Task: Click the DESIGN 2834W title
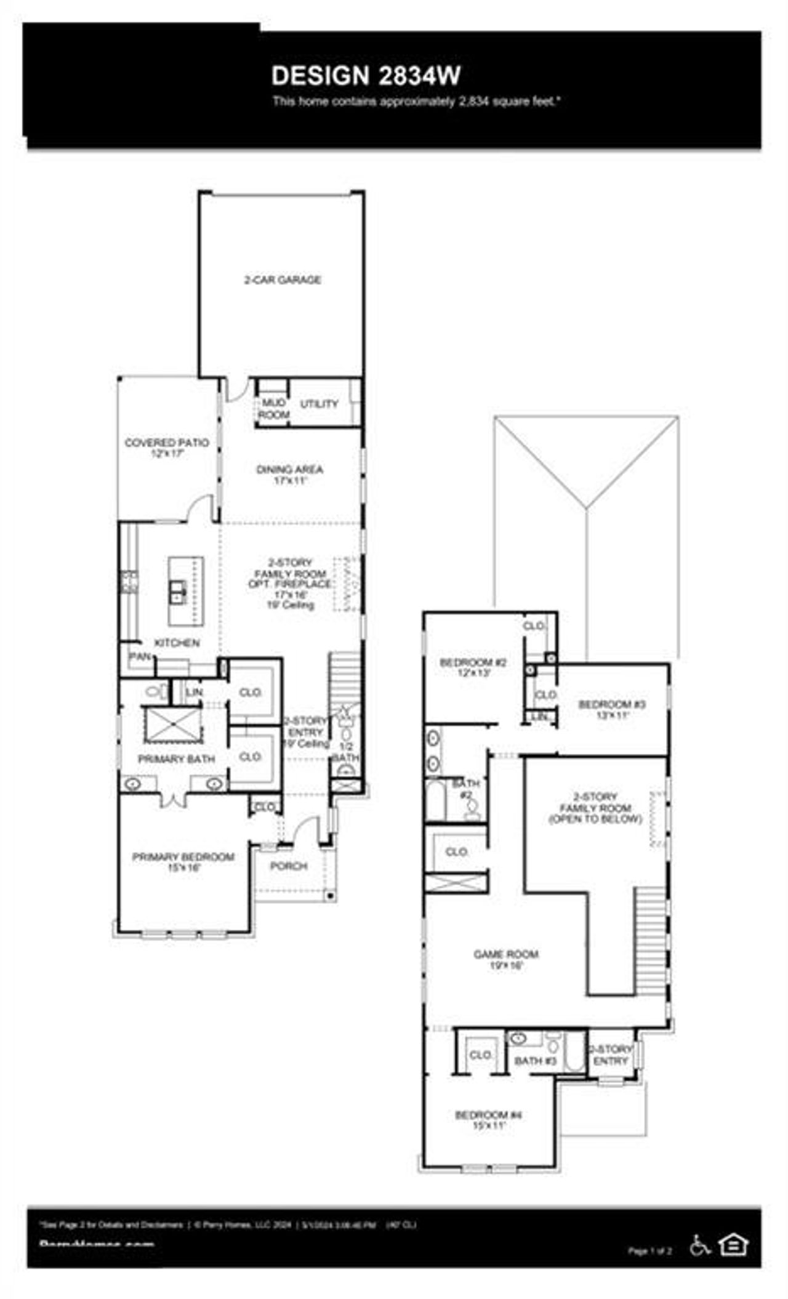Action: tap(366, 76)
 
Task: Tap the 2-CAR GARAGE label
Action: tap(283, 280)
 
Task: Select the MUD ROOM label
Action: tap(273, 409)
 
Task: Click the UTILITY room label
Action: tap(319, 404)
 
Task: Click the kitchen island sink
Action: tap(179, 592)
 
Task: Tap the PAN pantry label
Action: tap(140, 657)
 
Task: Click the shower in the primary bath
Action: tap(172, 725)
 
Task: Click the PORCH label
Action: tap(289, 866)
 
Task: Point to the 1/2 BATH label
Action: tap(346, 751)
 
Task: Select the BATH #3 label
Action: tap(535, 1061)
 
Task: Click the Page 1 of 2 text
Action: tap(649, 1250)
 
